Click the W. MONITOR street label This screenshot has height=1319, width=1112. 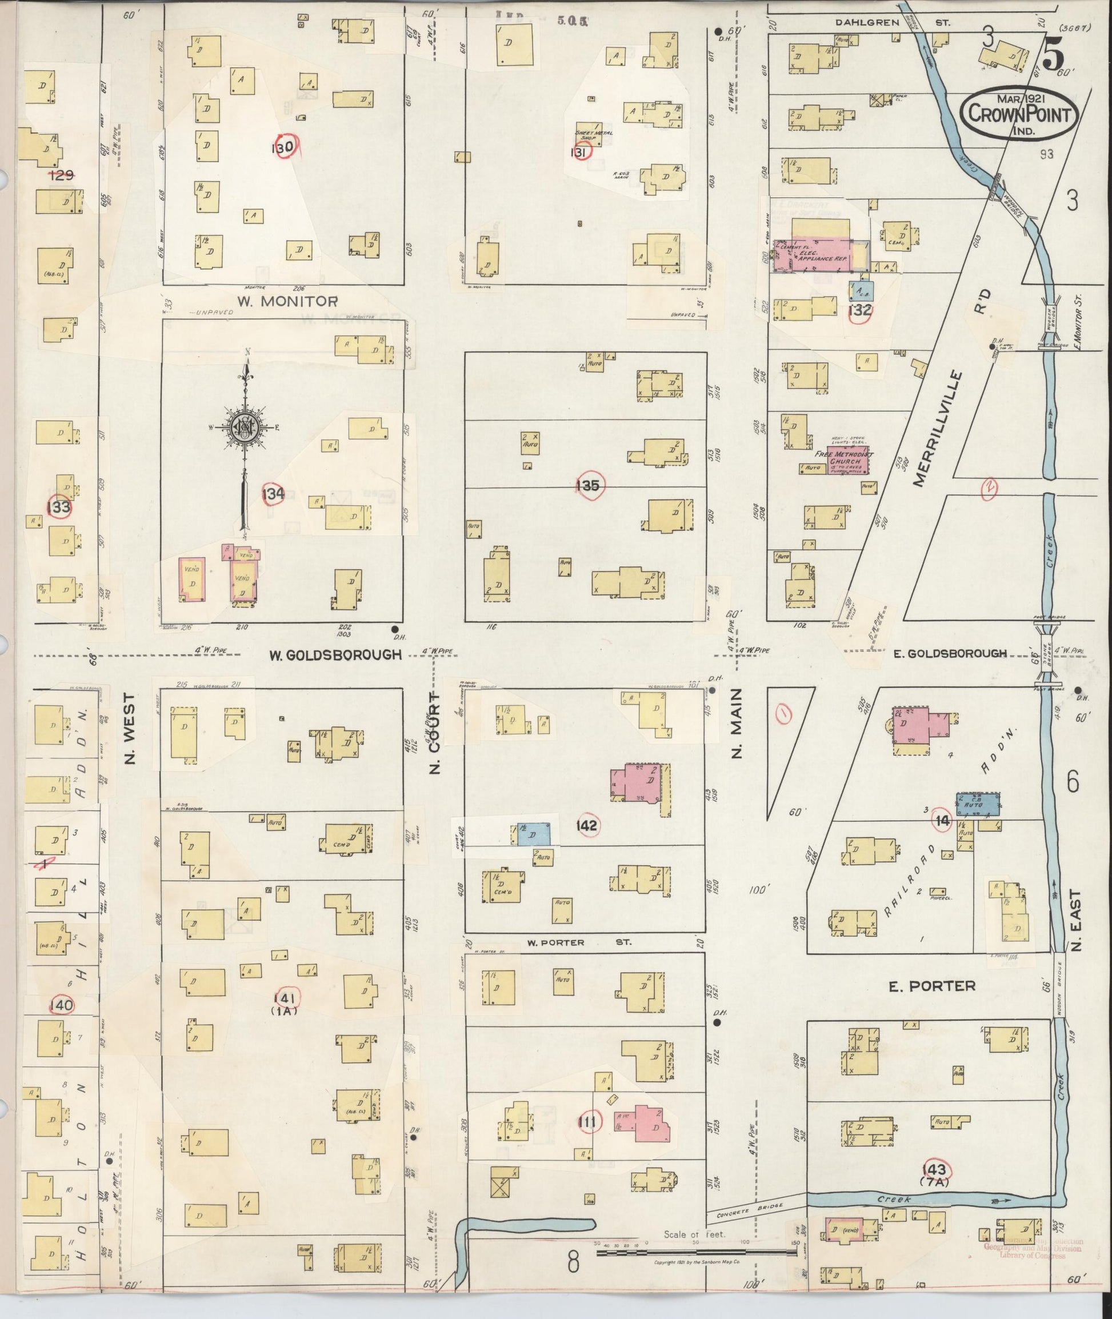[x=287, y=301]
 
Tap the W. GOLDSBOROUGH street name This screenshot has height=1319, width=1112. [x=335, y=654]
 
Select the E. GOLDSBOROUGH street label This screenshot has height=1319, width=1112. [x=950, y=653]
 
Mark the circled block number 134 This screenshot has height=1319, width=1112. [x=273, y=494]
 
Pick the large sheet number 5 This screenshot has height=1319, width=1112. [x=1051, y=54]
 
